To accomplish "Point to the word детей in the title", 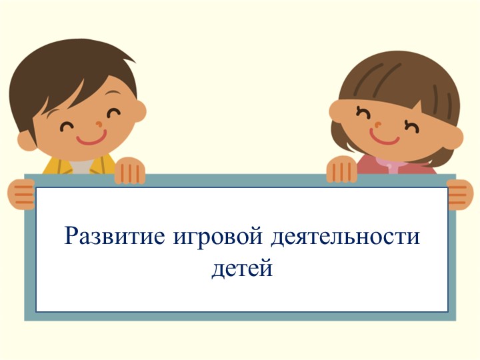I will coord(242,268).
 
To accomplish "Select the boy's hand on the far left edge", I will coord(21,194).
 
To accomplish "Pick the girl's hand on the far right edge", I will coord(460,194).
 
